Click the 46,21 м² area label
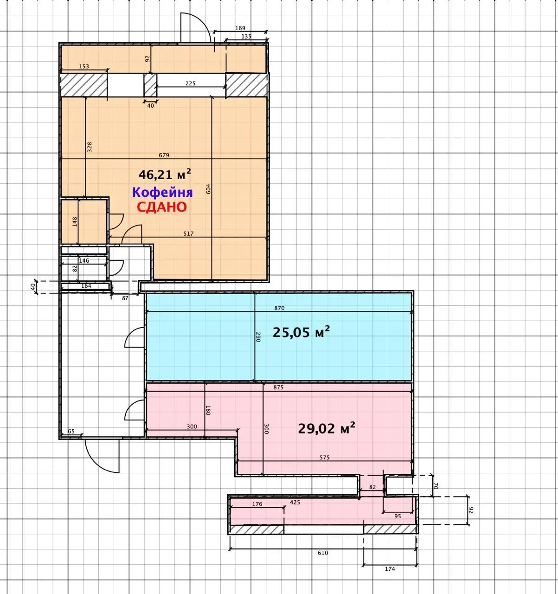tap(165, 174)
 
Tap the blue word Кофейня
tap(162, 192)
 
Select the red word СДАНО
tap(162, 207)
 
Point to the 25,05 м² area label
tap(301, 332)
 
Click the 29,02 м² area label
tap(327, 429)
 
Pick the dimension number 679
tap(164, 155)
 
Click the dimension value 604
tap(208, 189)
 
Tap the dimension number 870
tap(279, 308)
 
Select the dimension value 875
tap(278, 387)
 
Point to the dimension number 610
tap(323, 553)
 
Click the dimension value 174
tap(390, 569)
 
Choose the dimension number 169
tap(240, 28)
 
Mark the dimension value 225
tap(191, 84)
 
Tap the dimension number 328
tap(90, 147)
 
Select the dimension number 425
tap(295, 502)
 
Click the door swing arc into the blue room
tap(131, 332)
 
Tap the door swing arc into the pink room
tap(131, 406)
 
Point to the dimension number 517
tap(188, 233)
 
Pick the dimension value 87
tap(125, 298)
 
